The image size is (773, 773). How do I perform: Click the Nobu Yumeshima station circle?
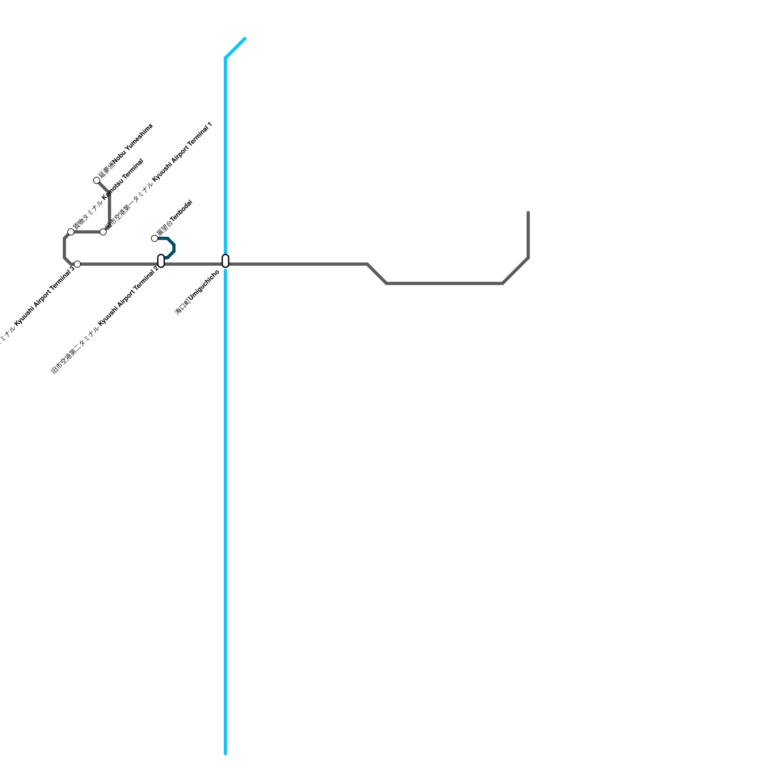point(97,181)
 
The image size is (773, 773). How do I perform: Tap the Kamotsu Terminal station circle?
point(71,232)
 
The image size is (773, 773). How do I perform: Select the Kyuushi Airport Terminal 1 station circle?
point(103,232)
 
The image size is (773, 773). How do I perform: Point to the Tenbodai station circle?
point(155,238)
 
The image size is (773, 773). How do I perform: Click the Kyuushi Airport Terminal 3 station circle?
point(77,264)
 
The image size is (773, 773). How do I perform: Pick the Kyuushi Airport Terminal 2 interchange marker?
point(161,261)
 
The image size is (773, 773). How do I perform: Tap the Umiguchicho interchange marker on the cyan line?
point(225,261)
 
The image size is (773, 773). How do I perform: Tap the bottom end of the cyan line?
point(226,753)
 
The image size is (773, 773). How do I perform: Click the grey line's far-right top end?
point(529,213)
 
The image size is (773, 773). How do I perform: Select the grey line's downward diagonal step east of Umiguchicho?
point(377,274)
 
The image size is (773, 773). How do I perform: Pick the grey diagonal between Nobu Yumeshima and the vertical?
point(103,187)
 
